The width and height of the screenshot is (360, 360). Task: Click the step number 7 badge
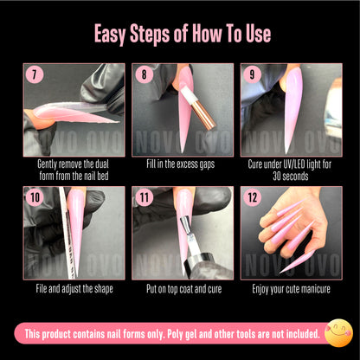coord(34,74)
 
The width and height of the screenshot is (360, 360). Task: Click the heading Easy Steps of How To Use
coord(180,34)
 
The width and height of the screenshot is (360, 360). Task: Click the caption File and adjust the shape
coord(74,288)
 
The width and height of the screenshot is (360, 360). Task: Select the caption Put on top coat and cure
coord(182,288)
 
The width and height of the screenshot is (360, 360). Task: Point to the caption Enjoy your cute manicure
coord(290,288)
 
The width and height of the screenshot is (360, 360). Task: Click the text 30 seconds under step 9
coord(290,176)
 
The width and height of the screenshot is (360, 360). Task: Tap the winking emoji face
coord(338,331)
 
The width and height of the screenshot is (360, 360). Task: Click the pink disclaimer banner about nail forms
coord(173,332)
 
